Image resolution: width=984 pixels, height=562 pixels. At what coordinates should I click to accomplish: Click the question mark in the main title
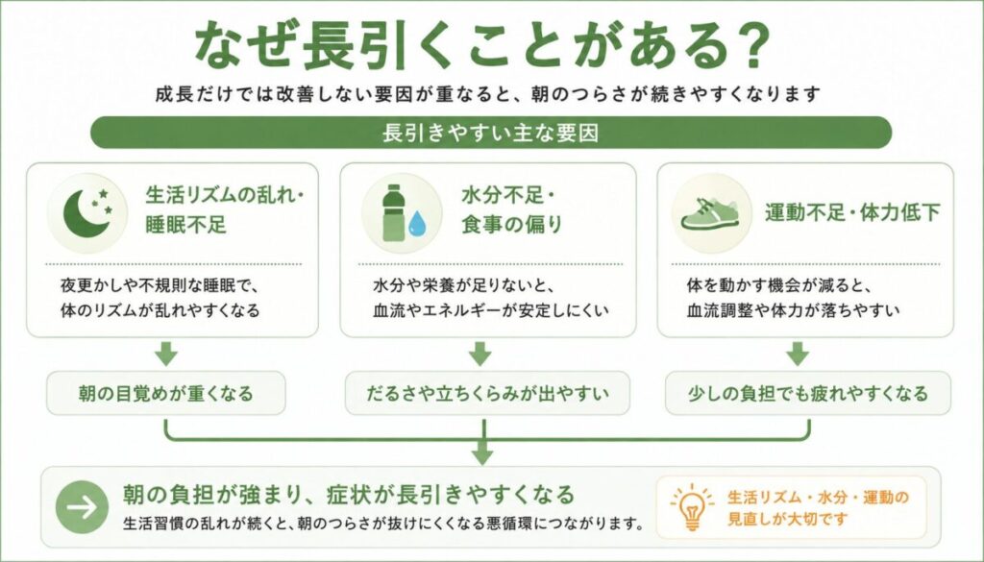(746, 44)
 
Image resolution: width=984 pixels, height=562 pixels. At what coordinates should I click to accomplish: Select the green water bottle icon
(393, 212)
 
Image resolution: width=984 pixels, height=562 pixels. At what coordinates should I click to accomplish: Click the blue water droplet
(417, 224)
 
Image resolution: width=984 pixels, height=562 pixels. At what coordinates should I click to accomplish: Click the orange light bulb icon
(692, 507)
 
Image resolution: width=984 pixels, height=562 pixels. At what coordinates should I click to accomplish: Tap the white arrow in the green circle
(83, 507)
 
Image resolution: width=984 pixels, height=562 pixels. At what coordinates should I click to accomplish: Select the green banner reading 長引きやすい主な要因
(491, 133)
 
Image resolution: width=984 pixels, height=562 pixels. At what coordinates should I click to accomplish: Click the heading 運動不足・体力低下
(852, 213)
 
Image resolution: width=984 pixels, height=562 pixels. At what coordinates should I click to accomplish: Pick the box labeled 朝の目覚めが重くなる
(166, 393)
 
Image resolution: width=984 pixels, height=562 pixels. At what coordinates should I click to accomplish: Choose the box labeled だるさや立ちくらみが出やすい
(487, 393)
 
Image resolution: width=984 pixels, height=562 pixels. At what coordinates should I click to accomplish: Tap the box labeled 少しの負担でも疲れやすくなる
(807, 393)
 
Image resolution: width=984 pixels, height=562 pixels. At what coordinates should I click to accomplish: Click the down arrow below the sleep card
(166, 354)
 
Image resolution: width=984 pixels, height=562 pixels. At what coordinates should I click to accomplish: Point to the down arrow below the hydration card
(480, 354)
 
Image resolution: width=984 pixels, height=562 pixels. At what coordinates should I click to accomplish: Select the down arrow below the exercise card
(798, 354)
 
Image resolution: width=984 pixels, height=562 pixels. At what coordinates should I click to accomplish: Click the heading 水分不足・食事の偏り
(511, 210)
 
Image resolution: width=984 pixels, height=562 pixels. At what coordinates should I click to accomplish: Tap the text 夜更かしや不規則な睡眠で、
(160, 286)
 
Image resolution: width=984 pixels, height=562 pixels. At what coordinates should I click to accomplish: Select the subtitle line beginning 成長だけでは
(489, 95)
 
